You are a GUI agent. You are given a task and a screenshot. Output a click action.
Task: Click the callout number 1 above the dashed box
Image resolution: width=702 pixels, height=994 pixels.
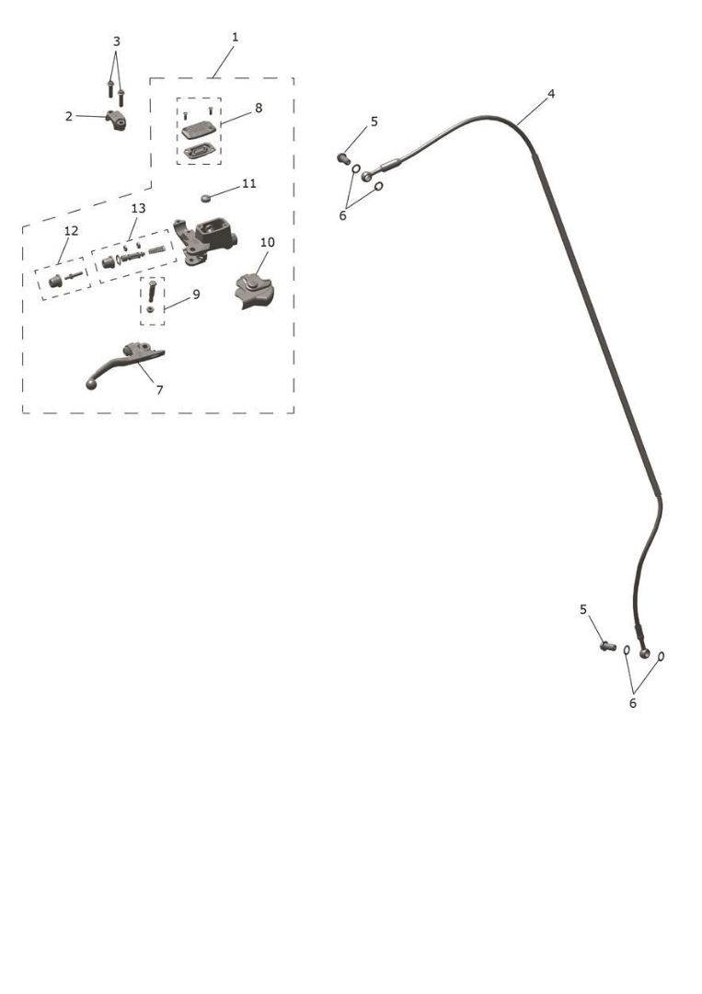pos(235,38)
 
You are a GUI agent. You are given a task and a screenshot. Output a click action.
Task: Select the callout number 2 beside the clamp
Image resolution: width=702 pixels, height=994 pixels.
pos(68,116)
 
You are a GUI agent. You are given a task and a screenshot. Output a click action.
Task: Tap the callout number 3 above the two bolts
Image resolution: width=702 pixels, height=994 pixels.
pos(116,41)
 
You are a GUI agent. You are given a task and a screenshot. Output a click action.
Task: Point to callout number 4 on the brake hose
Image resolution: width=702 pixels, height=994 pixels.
pos(551,94)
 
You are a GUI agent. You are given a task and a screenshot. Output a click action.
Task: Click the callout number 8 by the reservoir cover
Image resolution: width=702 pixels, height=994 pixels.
pos(259,109)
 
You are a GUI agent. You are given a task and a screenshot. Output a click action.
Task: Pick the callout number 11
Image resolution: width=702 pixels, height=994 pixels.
pos(249,183)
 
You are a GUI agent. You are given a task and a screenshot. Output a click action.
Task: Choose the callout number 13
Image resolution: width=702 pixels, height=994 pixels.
pos(138,208)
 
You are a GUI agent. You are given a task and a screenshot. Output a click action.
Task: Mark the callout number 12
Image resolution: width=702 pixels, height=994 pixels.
pos(71,231)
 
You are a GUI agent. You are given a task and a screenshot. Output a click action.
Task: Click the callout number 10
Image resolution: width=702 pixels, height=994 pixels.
pos(268,242)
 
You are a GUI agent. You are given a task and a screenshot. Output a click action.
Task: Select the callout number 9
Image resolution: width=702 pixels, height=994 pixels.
pos(196,295)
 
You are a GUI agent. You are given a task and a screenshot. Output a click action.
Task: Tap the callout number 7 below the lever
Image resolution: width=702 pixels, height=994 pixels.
pos(159,390)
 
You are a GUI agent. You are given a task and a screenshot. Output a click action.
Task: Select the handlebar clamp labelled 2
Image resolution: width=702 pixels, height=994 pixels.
pos(115,119)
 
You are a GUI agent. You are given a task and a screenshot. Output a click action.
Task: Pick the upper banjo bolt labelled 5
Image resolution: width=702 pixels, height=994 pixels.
pos(344,158)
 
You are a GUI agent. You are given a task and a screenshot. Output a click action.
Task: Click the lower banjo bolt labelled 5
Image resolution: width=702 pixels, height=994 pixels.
pos(608,646)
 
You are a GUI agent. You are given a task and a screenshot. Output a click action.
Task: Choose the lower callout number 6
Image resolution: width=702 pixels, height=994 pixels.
pos(632,703)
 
